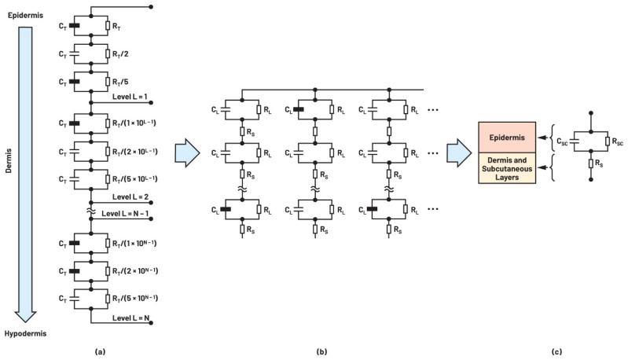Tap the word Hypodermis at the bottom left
(x=25, y=333)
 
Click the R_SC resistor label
(x=618, y=141)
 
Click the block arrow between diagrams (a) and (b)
(x=185, y=149)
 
